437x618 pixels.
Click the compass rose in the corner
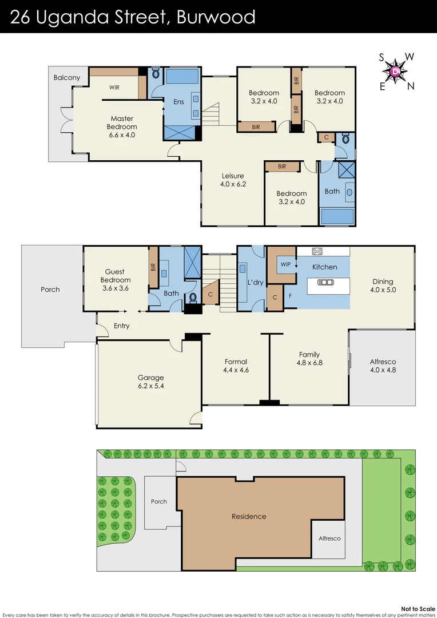point(396,71)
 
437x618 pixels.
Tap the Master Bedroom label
point(124,127)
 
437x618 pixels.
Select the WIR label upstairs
point(114,88)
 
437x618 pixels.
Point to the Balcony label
point(67,77)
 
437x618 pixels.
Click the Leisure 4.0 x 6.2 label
point(233,180)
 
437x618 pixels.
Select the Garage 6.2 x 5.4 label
point(150,382)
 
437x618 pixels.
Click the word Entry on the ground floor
point(121,326)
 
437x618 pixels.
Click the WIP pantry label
point(285,264)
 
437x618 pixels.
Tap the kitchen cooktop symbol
point(318,251)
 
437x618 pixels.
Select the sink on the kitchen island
point(325,282)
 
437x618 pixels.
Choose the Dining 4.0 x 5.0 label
point(383,286)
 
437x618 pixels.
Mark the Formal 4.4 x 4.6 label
point(236,366)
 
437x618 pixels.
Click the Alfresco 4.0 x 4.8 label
point(383,366)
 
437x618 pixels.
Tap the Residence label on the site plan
point(249,516)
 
